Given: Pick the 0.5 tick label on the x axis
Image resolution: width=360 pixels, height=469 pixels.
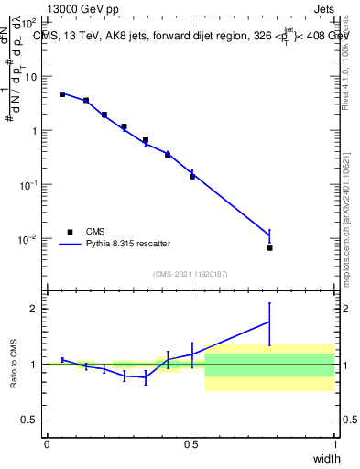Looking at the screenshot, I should [190, 444].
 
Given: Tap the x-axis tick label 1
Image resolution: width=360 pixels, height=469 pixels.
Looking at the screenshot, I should [334, 444].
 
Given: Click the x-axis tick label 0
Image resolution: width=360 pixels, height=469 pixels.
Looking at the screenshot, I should [46, 444].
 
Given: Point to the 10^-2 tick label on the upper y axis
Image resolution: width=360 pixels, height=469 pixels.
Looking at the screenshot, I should [30, 239].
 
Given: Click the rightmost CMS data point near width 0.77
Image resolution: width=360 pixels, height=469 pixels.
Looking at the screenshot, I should [269, 248].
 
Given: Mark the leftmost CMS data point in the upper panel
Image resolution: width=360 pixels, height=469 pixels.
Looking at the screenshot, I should [62, 93].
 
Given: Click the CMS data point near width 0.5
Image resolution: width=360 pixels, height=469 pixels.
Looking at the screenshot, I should [192, 176].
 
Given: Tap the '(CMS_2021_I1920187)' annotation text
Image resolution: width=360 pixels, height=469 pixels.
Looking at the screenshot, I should [190, 274].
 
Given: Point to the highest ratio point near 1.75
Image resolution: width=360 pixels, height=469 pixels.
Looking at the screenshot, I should [269, 322].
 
